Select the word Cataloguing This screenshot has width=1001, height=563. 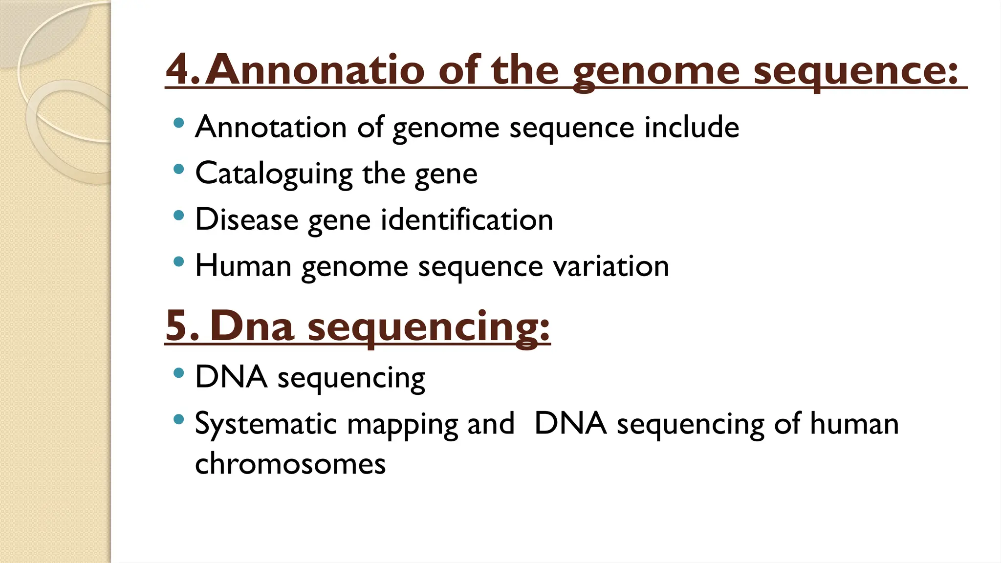point(274,173)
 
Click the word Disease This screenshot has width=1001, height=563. point(246,219)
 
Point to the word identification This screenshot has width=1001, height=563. point(467,219)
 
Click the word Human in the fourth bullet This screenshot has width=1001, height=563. point(243,266)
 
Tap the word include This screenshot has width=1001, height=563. point(691,128)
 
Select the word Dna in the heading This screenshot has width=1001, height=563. point(252,326)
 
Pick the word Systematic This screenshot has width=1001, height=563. point(265,424)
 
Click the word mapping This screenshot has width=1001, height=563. point(402,424)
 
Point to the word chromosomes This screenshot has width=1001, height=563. point(290,464)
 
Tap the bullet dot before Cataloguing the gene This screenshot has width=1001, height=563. point(179,169)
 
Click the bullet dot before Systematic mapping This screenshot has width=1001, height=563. point(179,419)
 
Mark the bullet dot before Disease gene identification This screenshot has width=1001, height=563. point(179,215)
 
